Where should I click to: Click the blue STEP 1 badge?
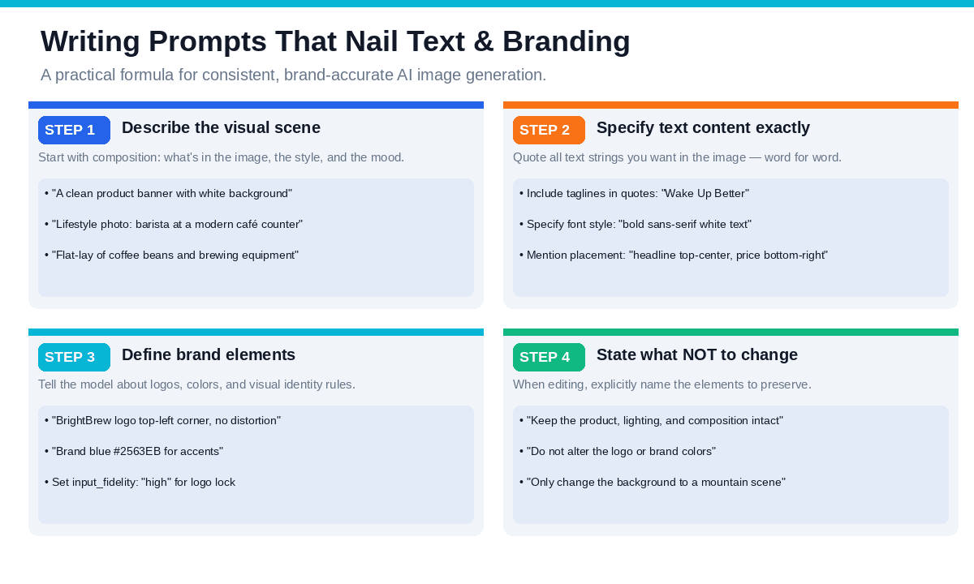click(74, 130)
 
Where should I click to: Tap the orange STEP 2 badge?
click(549, 130)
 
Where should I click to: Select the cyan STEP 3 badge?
click(74, 357)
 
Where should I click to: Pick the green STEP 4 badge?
click(549, 357)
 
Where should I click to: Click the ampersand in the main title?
click(484, 41)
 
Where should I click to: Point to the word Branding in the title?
click(567, 42)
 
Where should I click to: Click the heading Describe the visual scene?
click(221, 128)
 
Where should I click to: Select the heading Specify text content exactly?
click(703, 128)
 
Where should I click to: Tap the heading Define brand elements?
click(209, 355)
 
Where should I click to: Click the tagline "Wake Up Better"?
click(705, 194)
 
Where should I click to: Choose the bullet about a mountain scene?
click(653, 483)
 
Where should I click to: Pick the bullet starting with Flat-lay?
click(172, 255)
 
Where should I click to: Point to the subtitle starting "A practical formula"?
click(294, 75)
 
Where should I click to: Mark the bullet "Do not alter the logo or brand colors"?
click(618, 452)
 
